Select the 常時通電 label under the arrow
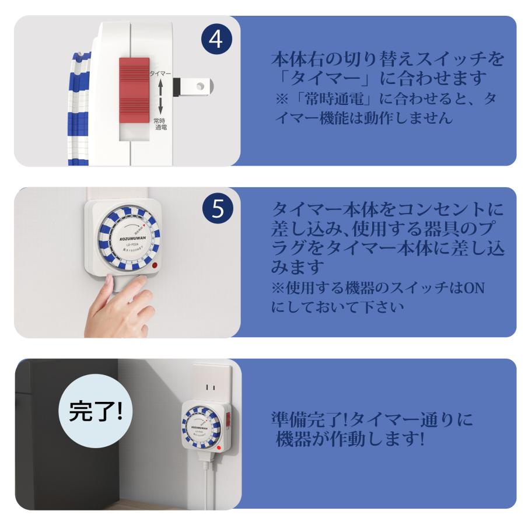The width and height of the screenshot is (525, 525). pos(160,124)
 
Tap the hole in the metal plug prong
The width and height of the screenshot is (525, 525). pos(201,86)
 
